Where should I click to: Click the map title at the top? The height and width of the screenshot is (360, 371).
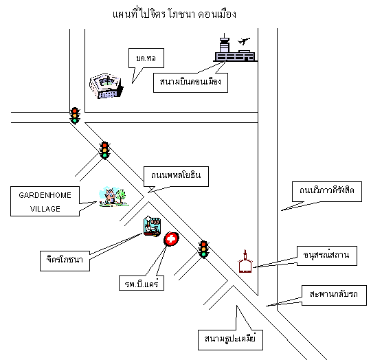click(x=175, y=14)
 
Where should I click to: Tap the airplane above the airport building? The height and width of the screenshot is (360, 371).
click(x=244, y=41)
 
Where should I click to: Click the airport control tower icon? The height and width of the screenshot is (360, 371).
click(x=224, y=43)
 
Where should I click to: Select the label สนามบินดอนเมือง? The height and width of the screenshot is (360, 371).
click(x=190, y=82)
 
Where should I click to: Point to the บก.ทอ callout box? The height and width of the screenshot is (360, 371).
click(x=146, y=58)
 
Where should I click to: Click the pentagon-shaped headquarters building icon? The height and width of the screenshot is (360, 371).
click(x=106, y=86)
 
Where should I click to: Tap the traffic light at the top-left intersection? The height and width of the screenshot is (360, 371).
click(x=75, y=115)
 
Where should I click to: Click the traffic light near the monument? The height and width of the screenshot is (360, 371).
click(x=203, y=249)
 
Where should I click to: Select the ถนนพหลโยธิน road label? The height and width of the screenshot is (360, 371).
click(x=176, y=177)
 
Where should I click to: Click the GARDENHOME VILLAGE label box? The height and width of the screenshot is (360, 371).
click(x=45, y=201)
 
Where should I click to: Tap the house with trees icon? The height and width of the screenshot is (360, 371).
click(x=113, y=196)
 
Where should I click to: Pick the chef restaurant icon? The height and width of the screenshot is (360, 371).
click(x=152, y=226)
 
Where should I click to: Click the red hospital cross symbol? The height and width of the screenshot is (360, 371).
click(x=171, y=239)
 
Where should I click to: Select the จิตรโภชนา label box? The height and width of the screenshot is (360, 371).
click(x=65, y=261)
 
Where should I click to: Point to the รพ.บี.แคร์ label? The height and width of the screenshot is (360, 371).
click(x=142, y=283)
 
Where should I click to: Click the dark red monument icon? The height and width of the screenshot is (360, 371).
click(x=245, y=262)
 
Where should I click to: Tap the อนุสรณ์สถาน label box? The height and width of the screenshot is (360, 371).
click(x=327, y=256)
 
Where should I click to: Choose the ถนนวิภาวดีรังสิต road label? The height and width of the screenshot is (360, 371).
click(x=327, y=192)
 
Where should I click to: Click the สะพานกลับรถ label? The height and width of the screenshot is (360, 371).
click(x=334, y=295)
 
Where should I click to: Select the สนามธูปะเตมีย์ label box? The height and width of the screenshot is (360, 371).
click(x=230, y=340)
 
